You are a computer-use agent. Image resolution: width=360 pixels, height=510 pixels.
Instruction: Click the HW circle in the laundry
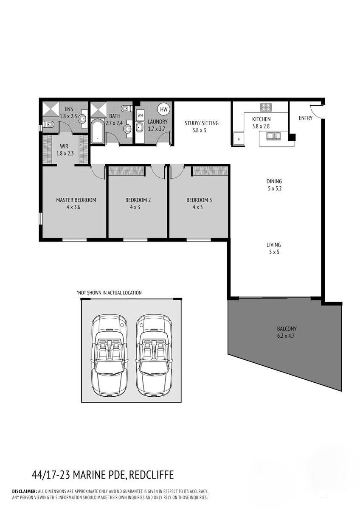163,109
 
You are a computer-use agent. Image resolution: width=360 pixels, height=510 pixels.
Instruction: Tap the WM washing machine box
140,116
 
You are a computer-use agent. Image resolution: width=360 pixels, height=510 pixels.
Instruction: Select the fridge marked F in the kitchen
239,139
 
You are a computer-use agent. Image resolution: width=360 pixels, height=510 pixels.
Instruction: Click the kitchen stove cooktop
266,107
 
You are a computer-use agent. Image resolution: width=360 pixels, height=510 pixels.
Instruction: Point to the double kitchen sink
273,136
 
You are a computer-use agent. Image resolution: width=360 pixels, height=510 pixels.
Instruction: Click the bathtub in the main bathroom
98,132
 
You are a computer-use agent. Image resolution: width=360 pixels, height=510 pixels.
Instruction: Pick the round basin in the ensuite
82,118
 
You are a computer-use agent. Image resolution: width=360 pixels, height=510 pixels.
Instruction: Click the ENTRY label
305,118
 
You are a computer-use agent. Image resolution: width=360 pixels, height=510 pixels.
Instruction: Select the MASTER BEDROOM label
76,200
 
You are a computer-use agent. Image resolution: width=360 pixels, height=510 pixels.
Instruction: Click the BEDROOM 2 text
138,200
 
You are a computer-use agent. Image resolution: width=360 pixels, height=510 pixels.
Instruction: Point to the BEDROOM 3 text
199,200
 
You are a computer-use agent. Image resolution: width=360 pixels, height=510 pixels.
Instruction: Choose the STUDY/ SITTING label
201,123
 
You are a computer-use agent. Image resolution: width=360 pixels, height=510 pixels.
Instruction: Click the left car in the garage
110,356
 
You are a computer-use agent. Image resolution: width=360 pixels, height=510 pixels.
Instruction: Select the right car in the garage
154,356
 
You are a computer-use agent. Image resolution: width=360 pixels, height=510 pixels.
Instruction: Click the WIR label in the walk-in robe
64,146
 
